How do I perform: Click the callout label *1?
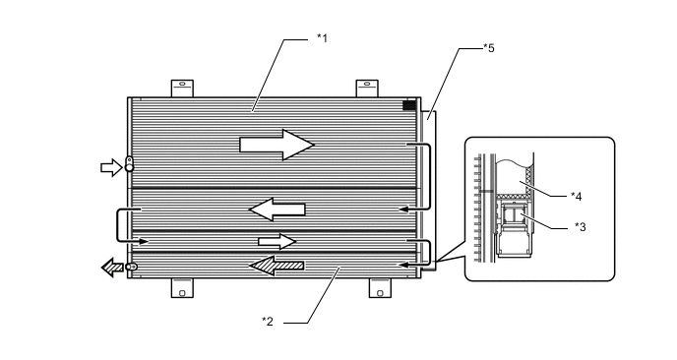[323, 38]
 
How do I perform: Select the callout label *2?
[268, 322]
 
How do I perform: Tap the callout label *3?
[581, 227]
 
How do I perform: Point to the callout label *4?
[577, 197]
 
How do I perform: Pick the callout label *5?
[489, 48]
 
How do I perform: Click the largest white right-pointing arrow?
[277, 145]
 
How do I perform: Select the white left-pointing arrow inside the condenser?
[277, 210]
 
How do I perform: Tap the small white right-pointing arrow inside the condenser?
[277, 241]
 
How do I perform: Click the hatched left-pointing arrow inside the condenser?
[277, 266]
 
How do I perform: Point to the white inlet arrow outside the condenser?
[111, 167]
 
